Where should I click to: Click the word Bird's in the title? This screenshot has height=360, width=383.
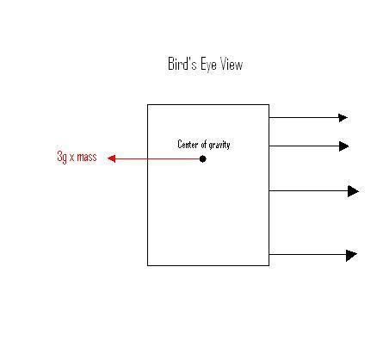click(x=182, y=64)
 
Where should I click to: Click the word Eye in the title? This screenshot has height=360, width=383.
click(x=208, y=65)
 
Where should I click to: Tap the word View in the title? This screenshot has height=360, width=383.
click(x=232, y=64)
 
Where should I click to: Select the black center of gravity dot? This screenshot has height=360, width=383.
click(x=202, y=158)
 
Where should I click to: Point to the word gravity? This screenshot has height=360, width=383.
click(x=219, y=145)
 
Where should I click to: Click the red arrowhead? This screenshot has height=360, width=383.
click(x=112, y=158)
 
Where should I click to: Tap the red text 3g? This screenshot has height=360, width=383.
click(x=62, y=157)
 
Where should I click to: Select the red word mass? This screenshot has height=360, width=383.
click(x=87, y=157)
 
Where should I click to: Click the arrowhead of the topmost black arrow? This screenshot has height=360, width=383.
click(x=343, y=118)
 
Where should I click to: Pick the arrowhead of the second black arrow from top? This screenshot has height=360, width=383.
click(x=344, y=146)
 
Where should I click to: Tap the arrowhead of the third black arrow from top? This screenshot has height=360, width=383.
click(x=353, y=191)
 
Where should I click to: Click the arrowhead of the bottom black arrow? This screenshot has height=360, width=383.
click(x=352, y=255)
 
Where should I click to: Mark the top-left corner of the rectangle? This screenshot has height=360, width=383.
click(x=148, y=105)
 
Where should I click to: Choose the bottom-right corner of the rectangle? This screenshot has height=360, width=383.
click(x=269, y=265)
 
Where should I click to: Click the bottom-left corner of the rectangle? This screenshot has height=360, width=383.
click(x=148, y=265)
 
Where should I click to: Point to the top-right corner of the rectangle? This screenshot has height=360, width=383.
click(x=269, y=105)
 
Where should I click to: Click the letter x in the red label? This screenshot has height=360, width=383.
click(x=71, y=158)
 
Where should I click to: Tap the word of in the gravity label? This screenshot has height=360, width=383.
click(x=204, y=144)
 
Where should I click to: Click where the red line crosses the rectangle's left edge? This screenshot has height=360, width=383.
click(x=148, y=158)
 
